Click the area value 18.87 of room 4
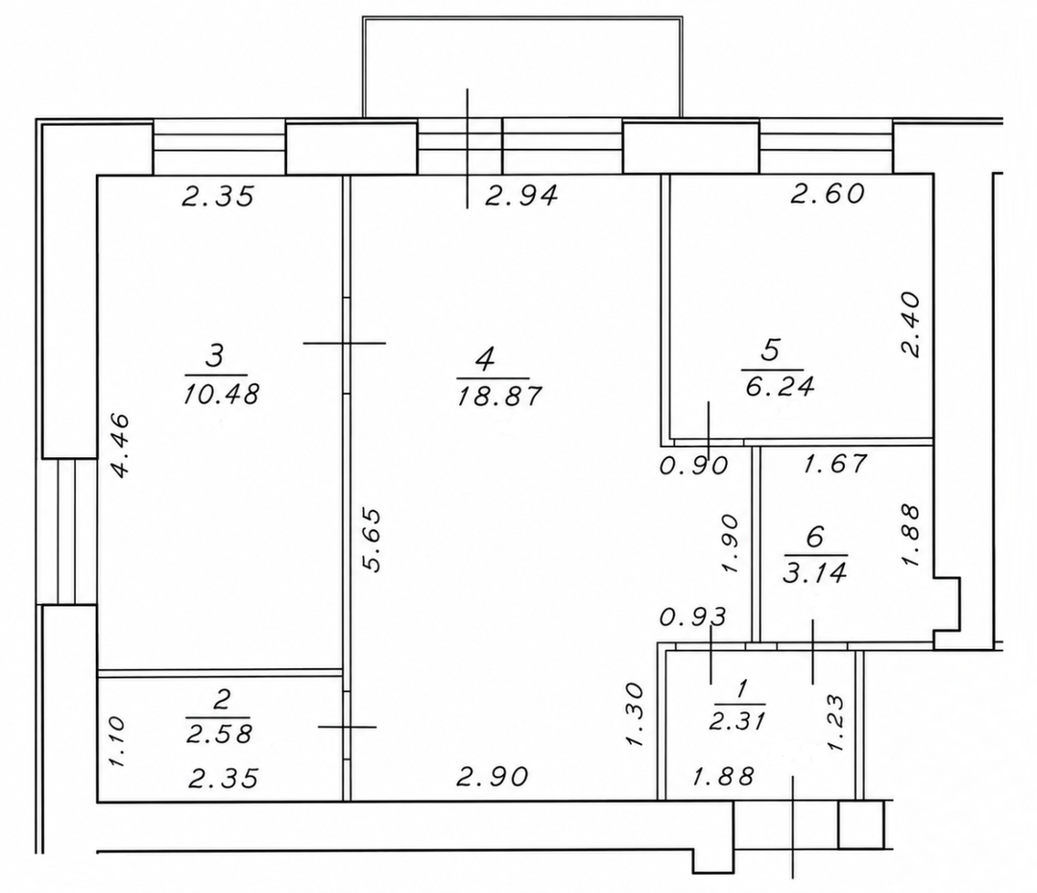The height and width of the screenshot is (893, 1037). tap(500, 397)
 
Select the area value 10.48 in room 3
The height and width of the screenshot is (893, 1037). tap(221, 395)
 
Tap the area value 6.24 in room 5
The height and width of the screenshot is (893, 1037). tap(779, 386)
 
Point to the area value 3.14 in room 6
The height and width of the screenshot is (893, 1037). tap(815, 573)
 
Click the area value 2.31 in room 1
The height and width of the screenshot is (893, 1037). tap(737, 720)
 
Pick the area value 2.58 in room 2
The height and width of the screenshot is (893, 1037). tap(219, 734)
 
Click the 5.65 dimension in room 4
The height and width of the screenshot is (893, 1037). tap(373, 539)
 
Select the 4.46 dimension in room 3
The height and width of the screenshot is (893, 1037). tap(120, 446)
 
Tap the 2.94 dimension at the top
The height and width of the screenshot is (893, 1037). tap(522, 196)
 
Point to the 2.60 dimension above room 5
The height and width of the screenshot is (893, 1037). tap(828, 193)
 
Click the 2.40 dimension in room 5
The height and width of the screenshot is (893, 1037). tap(910, 325)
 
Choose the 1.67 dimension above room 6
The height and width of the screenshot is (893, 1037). tap(834, 464)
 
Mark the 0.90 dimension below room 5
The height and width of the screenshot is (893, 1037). tap(694, 466)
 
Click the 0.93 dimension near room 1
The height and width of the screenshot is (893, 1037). tap(693, 617)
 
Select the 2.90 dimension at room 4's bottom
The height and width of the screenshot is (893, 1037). tap(493, 777)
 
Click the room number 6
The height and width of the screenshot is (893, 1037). tap(815, 537)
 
